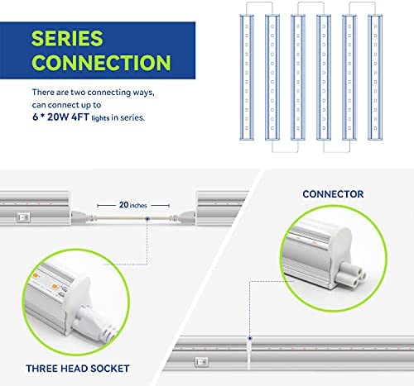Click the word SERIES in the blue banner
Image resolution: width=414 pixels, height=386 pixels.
(x=67, y=38)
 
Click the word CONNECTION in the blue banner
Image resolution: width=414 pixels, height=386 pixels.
(x=101, y=63)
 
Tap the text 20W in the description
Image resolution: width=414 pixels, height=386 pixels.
(x=58, y=117)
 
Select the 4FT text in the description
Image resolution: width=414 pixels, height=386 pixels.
(x=80, y=117)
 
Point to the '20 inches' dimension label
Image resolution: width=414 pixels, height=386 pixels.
(x=132, y=205)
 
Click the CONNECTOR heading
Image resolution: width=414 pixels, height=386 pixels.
(x=333, y=194)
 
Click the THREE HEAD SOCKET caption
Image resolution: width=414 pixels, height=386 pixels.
(x=78, y=369)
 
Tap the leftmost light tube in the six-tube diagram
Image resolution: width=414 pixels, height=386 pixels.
(x=247, y=77)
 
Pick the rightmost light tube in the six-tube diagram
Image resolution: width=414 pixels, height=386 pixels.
(x=375, y=77)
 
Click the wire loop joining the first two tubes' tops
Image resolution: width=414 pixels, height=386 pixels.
(x=259, y=2)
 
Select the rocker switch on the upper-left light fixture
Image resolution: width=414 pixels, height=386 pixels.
(x=23, y=217)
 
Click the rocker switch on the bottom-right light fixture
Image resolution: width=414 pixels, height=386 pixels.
(x=201, y=362)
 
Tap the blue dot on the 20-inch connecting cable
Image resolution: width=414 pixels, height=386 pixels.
(x=147, y=219)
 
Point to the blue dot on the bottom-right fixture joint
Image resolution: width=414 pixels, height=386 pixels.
(x=250, y=338)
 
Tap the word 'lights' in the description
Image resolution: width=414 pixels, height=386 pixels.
(x=100, y=118)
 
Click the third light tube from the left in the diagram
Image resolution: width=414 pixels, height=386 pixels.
(x=298, y=77)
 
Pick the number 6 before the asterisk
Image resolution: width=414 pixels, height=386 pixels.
(x=35, y=117)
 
